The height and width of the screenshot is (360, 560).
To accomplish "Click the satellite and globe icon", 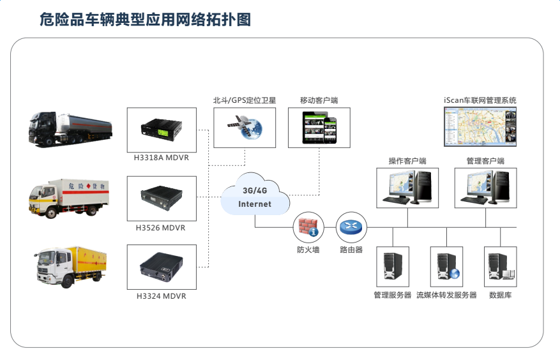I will (x=245, y=128).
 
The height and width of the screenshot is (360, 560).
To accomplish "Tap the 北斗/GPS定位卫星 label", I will (x=245, y=100).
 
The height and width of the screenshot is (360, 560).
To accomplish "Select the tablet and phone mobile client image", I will (x=319, y=128).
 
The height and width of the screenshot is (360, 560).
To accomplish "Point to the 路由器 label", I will (x=351, y=250).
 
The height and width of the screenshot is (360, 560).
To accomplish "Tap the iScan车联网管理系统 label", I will (x=480, y=100).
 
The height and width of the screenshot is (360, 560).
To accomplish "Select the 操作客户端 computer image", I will (x=407, y=188).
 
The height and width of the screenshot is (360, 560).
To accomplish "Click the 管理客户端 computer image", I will (x=485, y=188).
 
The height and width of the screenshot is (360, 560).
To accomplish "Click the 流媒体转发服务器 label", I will (x=446, y=295).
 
